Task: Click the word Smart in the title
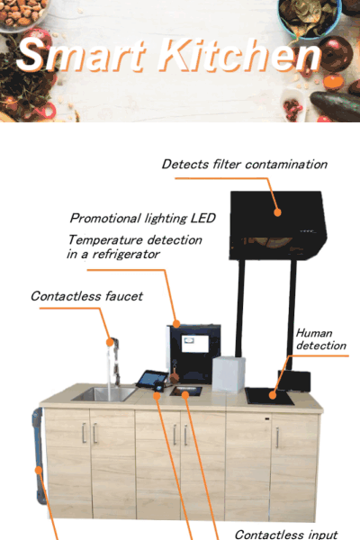pos(81,54)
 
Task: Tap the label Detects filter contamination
pos(245,165)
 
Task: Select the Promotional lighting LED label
pos(142,219)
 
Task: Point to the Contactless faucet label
pos(86,296)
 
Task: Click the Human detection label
pos(321,339)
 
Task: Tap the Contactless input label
pos(286,535)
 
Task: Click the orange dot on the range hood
pos(277,212)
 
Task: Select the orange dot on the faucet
pos(110,342)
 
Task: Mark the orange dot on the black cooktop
pos(273,395)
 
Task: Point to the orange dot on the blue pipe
pos(39,470)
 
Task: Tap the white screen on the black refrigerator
pos(195,344)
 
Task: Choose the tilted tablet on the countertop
pos(152,379)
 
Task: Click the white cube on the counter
pos(229,374)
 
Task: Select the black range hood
pos(278,225)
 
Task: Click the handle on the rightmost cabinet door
pos(277,437)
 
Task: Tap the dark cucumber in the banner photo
pos(335,105)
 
